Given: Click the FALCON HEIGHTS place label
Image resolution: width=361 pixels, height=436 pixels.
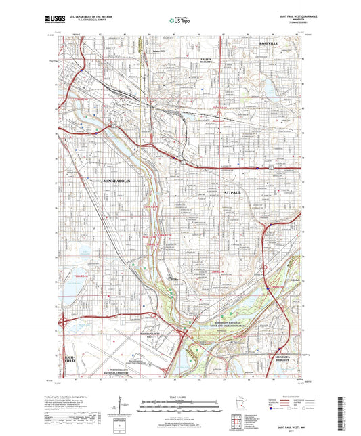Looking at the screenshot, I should (x=207, y=61).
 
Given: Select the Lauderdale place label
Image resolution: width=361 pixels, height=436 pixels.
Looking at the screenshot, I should (x=159, y=52).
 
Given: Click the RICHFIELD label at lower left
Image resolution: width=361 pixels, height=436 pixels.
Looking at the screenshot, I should (x=68, y=359).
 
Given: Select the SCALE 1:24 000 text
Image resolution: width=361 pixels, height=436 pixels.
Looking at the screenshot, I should (x=179, y=395).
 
